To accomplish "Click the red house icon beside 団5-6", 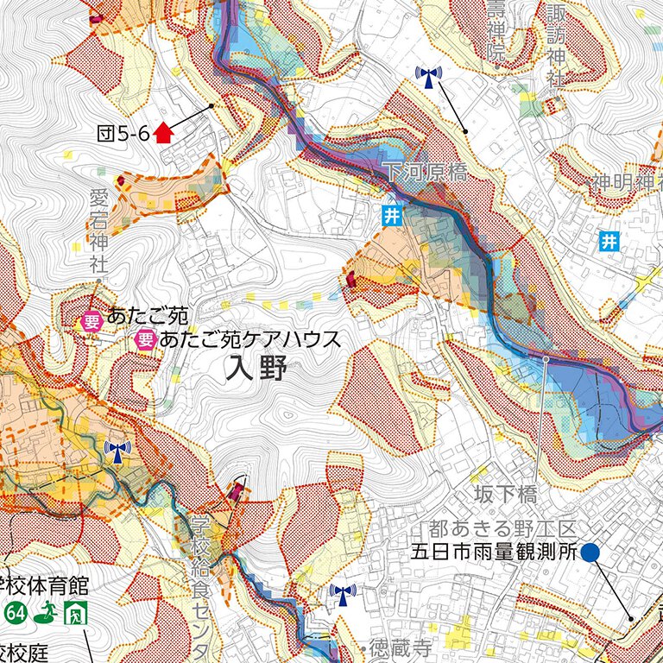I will point(162,132).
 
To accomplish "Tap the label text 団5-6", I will point(123,133).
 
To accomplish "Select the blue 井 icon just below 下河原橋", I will point(392,216).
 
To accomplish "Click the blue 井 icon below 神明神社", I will point(611,242).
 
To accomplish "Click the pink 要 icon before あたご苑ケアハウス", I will point(146,339).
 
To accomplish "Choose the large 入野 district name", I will point(254,371).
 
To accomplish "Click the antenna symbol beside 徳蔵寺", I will point(343,595).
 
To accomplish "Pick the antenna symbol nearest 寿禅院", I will point(427,78).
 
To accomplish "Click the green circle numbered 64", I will point(15,614).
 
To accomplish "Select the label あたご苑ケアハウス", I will point(250,339).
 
